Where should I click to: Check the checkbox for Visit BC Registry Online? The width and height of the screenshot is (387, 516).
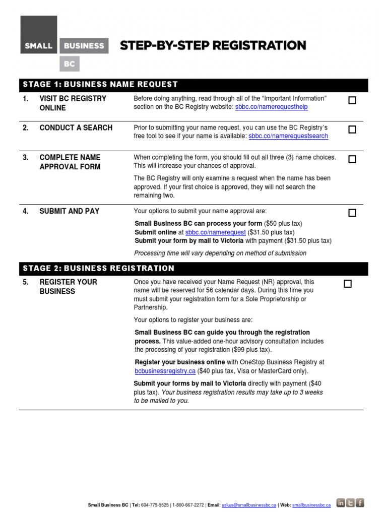click(352, 100)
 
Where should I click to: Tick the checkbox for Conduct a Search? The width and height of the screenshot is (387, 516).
click(352, 130)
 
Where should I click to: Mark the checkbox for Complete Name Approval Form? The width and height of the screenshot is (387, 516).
click(352, 159)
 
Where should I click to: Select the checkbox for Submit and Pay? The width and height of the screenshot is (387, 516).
click(352, 213)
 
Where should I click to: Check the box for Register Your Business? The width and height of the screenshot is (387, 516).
click(348, 284)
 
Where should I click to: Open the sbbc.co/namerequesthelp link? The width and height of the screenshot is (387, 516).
click(271, 107)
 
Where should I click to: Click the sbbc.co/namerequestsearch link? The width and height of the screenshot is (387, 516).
click(288, 136)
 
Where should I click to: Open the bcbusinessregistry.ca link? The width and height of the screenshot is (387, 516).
click(165, 371)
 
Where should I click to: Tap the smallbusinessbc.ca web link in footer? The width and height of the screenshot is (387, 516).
click(311, 504)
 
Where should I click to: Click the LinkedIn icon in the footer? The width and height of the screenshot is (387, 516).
click(340, 502)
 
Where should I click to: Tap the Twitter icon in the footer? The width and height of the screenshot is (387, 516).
click(350, 502)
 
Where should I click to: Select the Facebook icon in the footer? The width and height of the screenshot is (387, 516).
click(360, 502)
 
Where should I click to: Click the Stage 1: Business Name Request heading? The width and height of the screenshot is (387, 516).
click(100, 85)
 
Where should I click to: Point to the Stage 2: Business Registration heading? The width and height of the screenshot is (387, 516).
click(99, 269)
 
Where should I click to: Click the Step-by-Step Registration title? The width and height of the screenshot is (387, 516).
click(213, 46)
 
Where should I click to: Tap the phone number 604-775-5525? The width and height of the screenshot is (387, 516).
click(157, 504)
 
